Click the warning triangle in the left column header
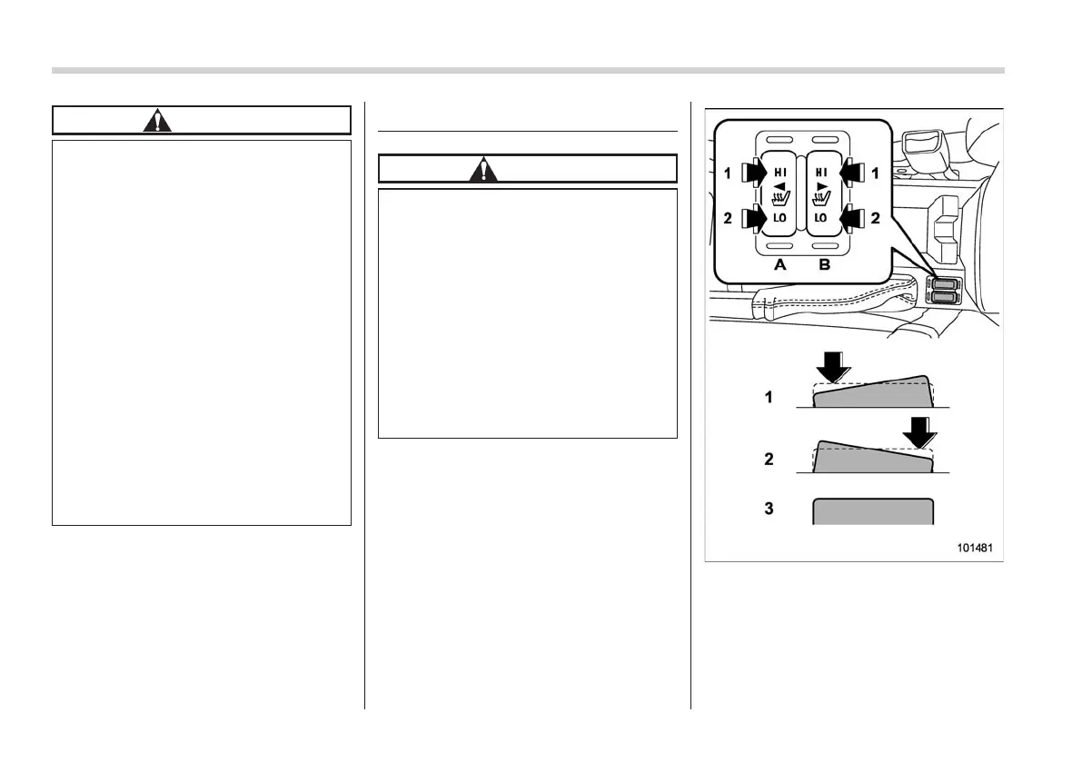158,121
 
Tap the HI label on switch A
779,170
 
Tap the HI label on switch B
821,170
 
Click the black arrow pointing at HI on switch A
753,170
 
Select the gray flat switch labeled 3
873,510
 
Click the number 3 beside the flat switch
769,510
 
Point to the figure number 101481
973,549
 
